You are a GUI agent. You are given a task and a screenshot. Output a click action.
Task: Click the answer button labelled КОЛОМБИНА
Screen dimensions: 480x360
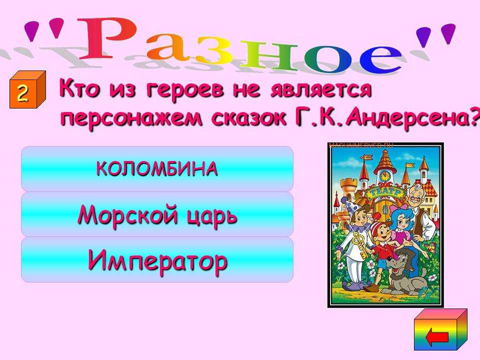pyautogui.click(x=157, y=168)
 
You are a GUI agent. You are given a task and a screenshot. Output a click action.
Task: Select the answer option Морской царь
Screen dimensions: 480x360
pyautogui.click(x=157, y=214)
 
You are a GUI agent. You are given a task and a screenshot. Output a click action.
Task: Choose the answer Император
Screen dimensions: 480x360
pyautogui.click(x=157, y=259)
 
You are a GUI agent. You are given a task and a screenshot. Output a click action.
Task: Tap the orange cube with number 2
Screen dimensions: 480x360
pyautogui.click(x=27, y=89)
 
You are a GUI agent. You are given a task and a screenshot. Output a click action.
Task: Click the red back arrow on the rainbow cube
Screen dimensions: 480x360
pyautogui.click(x=437, y=337)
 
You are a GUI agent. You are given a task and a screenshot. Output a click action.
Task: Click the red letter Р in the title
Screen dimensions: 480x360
pyautogui.click(x=105, y=38)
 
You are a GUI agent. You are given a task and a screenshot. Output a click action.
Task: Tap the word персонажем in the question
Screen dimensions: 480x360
pyautogui.click(x=131, y=118)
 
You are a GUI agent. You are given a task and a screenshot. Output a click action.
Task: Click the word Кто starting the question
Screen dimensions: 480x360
pyautogui.click(x=79, y=88)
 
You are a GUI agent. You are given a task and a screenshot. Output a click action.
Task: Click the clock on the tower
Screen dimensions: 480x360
pyautogui.click(x=385, y=176)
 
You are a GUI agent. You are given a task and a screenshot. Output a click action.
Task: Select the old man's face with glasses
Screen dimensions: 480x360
pyautogui.click(x=415, y=196)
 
